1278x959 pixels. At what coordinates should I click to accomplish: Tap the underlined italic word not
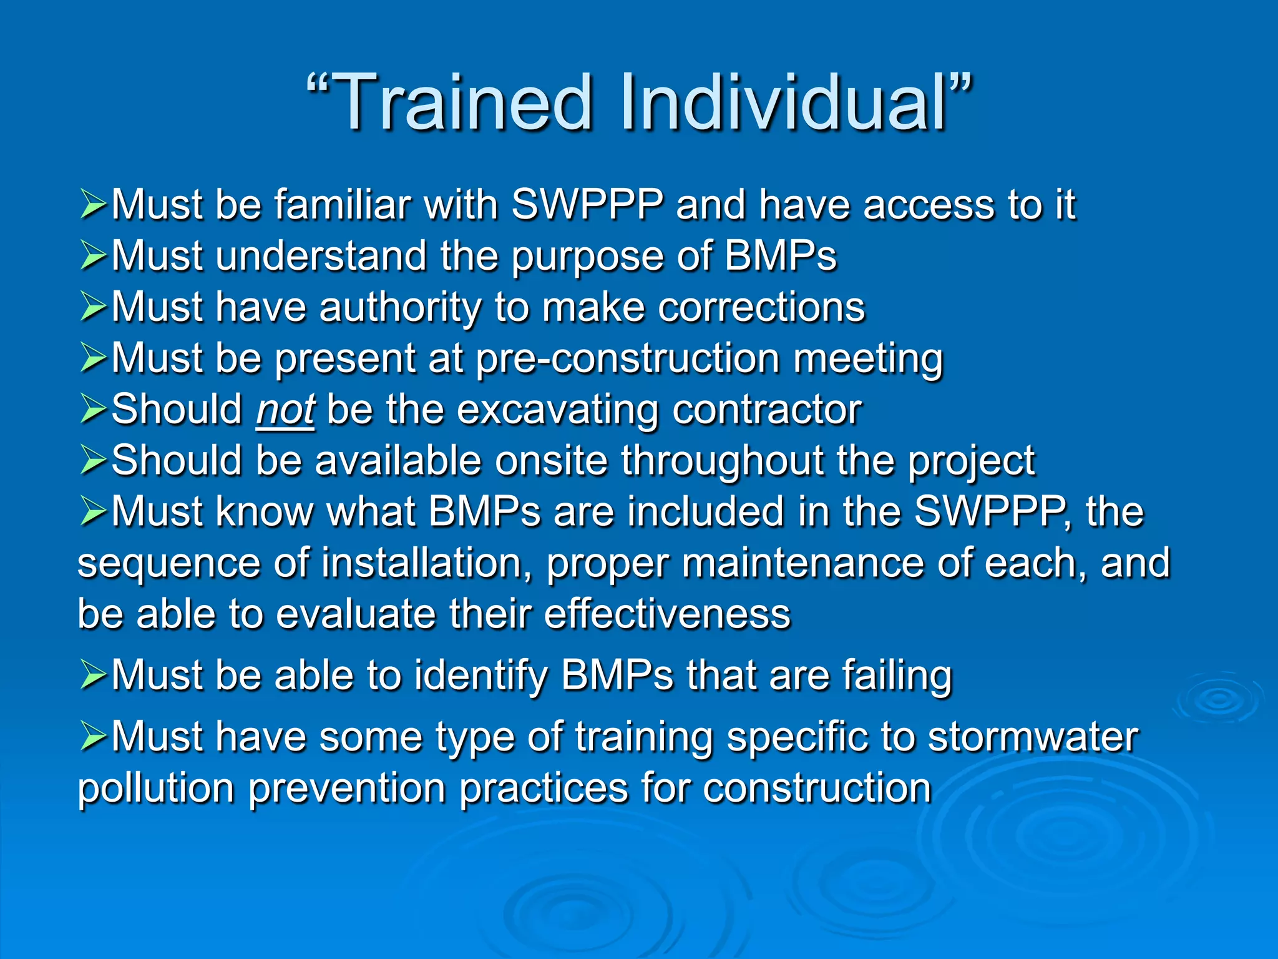(285, 410)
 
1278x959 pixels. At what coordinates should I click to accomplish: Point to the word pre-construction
(628, 359)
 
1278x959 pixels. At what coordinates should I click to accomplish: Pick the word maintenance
(802, 563)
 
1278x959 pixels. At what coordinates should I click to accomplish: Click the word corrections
(761, 308)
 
